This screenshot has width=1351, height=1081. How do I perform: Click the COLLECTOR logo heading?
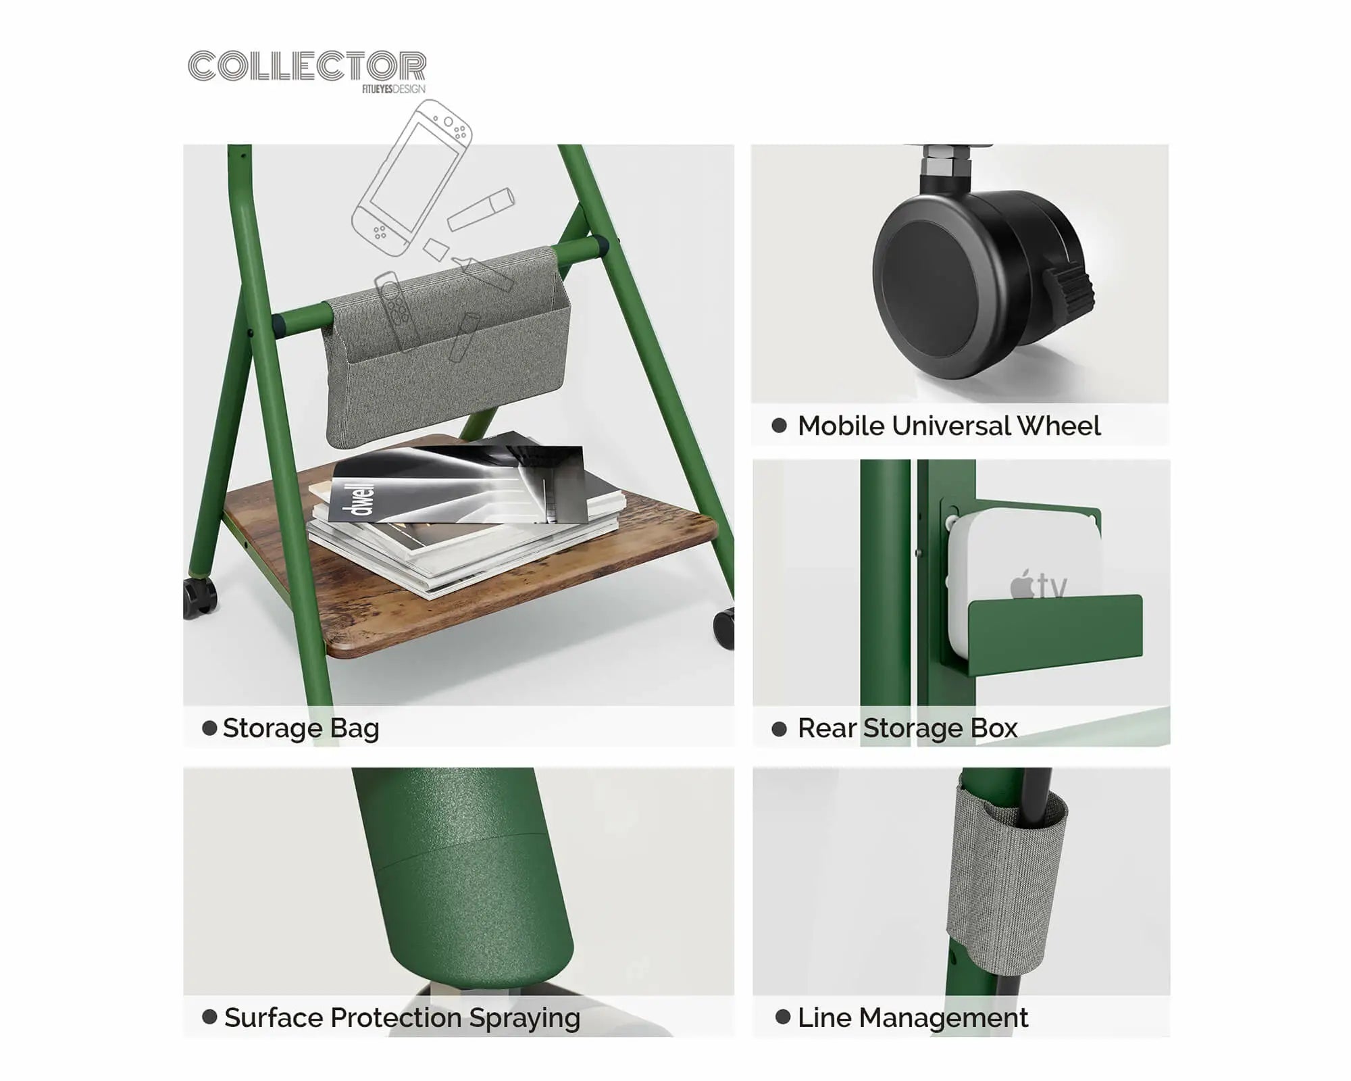pos(307,66)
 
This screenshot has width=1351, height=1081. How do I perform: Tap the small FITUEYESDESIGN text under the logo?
pos(394,89)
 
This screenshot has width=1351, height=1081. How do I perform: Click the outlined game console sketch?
pos(411,177)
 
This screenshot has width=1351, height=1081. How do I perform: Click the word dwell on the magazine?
pos(363,499)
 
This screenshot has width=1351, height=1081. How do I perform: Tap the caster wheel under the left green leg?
pos(200,597)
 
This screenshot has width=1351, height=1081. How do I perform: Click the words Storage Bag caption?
pos(301,728)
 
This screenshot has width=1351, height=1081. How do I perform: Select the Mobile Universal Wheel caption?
pos(949,426)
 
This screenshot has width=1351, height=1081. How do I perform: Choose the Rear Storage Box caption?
pos(907,728)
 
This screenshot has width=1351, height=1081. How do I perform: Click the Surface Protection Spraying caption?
pos(402,1017)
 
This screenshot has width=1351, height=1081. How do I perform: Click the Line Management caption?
pos(913,1017)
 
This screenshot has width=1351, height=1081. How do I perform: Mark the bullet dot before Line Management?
pos(783,1017)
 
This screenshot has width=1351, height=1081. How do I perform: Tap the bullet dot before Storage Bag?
pos(209,728)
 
